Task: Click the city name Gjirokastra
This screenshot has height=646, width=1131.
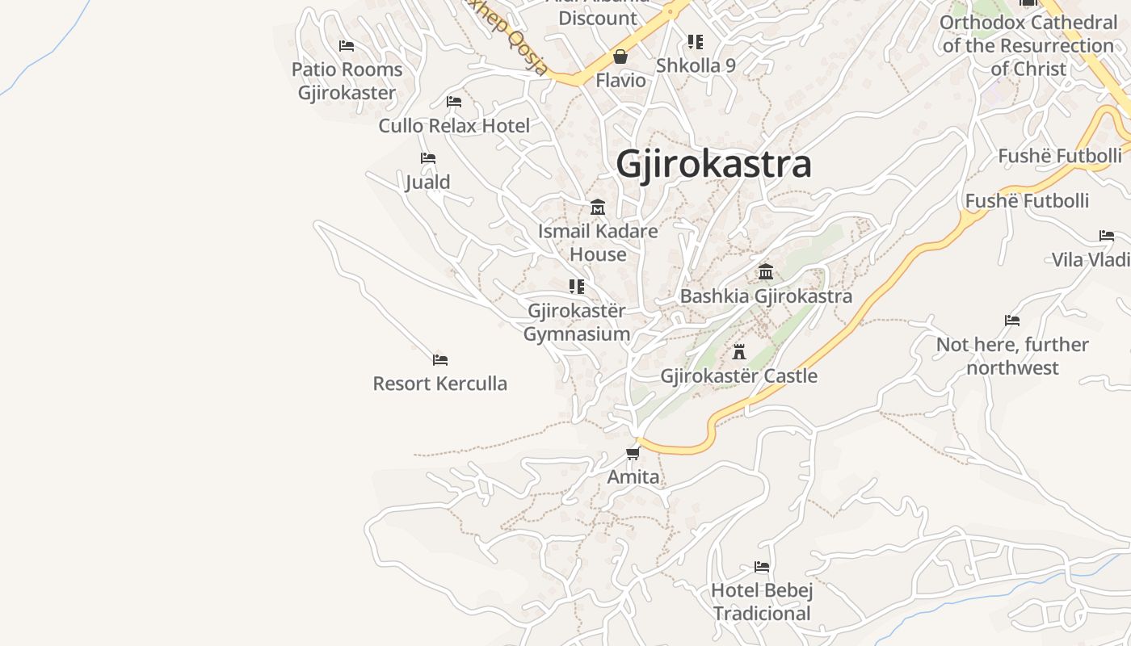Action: [713, 165]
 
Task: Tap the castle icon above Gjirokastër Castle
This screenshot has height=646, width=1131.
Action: [738, 351]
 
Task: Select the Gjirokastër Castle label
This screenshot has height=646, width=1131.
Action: [738, 376]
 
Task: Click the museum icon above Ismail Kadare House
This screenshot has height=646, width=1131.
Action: [598, 208]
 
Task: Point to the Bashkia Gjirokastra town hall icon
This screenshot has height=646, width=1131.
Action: [766, 272]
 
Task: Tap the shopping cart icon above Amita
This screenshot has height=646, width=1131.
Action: [633, 453]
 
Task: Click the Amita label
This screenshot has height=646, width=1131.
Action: [633, 477]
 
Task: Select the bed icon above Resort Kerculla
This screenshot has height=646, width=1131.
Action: [440, 360]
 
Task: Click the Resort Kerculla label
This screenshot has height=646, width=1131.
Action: [440, 384]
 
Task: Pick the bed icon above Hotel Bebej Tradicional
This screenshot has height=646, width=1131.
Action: [762, 567]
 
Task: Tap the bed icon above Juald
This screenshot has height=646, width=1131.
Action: [428, 158]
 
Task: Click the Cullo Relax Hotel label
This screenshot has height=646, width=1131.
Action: [454, 126]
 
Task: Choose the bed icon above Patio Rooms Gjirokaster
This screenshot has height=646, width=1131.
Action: [347, 46]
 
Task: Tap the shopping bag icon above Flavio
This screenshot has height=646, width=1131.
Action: [620, 57]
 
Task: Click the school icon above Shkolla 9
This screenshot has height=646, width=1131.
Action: [696, 41]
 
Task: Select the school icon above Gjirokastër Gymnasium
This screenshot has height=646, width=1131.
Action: [577, 287]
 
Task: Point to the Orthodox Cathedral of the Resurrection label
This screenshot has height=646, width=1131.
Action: [1028, 45]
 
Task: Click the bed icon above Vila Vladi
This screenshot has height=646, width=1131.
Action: [1107, 236]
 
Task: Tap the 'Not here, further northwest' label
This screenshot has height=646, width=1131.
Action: [1012, 356]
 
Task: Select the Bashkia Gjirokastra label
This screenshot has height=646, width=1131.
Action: [766, 296]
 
